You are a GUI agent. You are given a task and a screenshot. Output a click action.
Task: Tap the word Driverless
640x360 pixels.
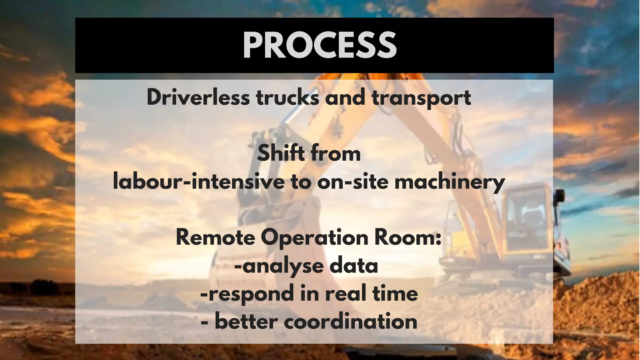click(198, 97)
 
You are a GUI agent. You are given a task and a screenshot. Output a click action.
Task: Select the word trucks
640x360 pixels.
click(288, 97)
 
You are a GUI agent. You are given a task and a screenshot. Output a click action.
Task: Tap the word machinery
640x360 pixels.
click(450, 182)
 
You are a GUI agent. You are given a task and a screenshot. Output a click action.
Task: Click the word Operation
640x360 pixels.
click(315, 238)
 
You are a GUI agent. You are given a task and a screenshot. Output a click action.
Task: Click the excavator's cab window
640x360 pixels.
click(525, 219)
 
